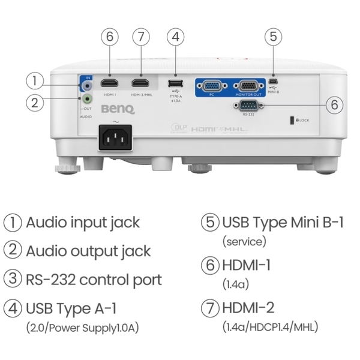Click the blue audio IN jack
pyautogui.click(x=88, y=86)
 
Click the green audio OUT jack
pyautogui.click(x=88, y=98)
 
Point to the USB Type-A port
pyautogui.click(x=175, y=83)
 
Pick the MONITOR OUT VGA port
pyautogui.click(x=248, y=85)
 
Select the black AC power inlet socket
pyautogui.click(x=115, y=139)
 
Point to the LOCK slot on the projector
pyautogui.click(x=292, y=120)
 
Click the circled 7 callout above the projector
pyautogui.click(x=140, y=37)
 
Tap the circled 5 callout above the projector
pyautogui.click(x=273, y=37)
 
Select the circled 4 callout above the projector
pyautogui.click(x=175, y=37)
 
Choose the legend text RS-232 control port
pyautogui.click(x=93, y=280)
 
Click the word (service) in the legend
pyautogui.click(x=244, y=242)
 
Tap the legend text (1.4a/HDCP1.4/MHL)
pyautogui.click(x=269, y=328)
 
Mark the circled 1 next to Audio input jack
pyautogui.click(x=13, y=223)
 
